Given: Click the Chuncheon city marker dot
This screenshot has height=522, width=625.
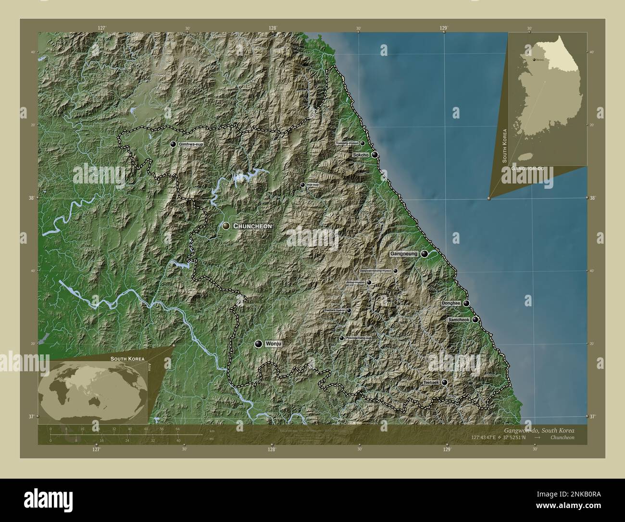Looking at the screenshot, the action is (226, 225).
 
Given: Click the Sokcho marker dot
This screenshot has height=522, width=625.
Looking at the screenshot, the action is (375, 155).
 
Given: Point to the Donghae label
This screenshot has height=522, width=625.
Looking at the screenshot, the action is (451, 303).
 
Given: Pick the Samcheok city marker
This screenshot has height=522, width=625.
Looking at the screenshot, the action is (475, 319).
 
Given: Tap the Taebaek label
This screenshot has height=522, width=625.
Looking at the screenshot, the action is (431, 382).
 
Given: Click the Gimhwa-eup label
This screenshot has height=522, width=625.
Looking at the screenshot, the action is (188, 144).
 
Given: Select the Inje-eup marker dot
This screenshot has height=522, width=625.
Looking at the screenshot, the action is (302, 184).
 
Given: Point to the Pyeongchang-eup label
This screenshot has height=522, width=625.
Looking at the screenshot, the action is (359, 338).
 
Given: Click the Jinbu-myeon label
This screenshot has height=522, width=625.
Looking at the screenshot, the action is (355, 282).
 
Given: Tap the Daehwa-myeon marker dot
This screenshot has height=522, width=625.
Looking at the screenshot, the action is (349, 311).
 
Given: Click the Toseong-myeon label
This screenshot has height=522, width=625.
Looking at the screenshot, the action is (347, 143).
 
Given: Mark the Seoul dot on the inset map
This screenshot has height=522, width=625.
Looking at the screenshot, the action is (534, 60).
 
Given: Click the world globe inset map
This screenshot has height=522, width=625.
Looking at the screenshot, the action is (93, 390).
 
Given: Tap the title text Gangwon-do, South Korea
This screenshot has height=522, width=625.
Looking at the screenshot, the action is (539, 430).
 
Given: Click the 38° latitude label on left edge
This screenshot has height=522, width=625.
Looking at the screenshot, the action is (30, 198).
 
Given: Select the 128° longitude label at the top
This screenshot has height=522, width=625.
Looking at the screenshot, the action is (273, 28).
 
